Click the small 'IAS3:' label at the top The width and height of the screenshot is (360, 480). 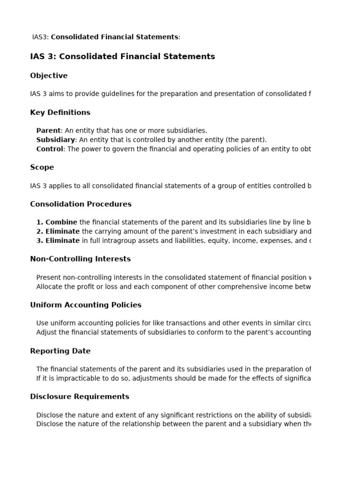[40, 37]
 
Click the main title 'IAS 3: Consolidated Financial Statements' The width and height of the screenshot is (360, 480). [122, 57]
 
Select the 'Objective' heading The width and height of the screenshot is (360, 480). [49, 76]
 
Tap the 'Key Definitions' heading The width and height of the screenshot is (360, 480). [60, 112]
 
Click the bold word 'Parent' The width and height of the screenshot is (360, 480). [48, 131]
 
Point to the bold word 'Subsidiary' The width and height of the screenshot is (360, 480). [55, 140]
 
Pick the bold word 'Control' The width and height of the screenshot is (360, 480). [49, 149]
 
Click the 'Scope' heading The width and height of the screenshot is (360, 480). [42, 167]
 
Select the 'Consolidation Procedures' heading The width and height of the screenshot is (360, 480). [81, 204]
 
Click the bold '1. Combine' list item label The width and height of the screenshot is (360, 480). [57, 222]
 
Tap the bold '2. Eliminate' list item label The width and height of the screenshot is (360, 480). [58, 232]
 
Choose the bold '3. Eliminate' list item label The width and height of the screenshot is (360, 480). [58, 241]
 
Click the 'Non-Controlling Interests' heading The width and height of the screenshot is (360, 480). [80, 259]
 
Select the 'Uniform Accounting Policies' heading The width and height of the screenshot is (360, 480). [85, 305]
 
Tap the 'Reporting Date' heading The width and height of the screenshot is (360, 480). [60, 351]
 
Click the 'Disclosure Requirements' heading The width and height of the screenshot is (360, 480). [79, 397]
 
